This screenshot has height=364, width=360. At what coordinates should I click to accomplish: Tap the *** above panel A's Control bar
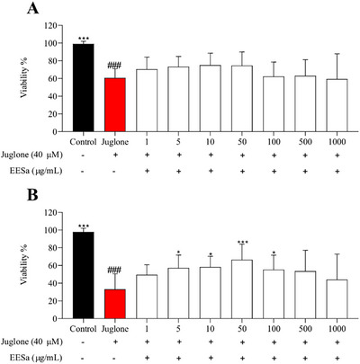coord(84,40)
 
